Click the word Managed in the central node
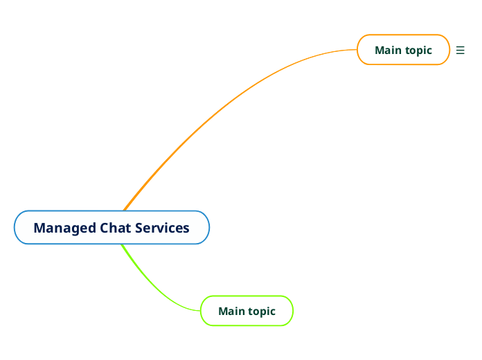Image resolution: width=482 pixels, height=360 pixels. [x=65, y=228]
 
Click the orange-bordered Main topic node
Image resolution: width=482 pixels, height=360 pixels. [x=403, y=50]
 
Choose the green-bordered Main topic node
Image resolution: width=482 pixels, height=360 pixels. [x=247, y=311]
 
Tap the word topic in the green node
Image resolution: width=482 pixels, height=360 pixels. [x=262, y=312]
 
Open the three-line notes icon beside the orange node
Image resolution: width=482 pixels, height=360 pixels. [x=461, y=50]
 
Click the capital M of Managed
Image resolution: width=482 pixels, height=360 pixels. [x=39, y=228]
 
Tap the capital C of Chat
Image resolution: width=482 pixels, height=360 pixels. [x=105, y=228]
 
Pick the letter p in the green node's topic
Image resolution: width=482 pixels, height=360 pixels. [x=262, y=312]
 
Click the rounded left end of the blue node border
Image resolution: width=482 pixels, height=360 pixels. [x=15, y=228]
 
